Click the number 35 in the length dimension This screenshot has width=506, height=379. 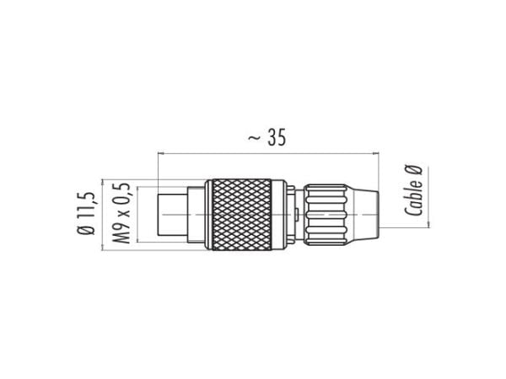pyautogui.click(x=277, y=137)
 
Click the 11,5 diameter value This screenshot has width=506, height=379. pyautogui.click(x=88, y=206)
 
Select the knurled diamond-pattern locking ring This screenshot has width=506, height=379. pyautogui.click(x=241, y=215)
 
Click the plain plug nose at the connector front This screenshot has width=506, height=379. pyautogui.click(x=172, y=215)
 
